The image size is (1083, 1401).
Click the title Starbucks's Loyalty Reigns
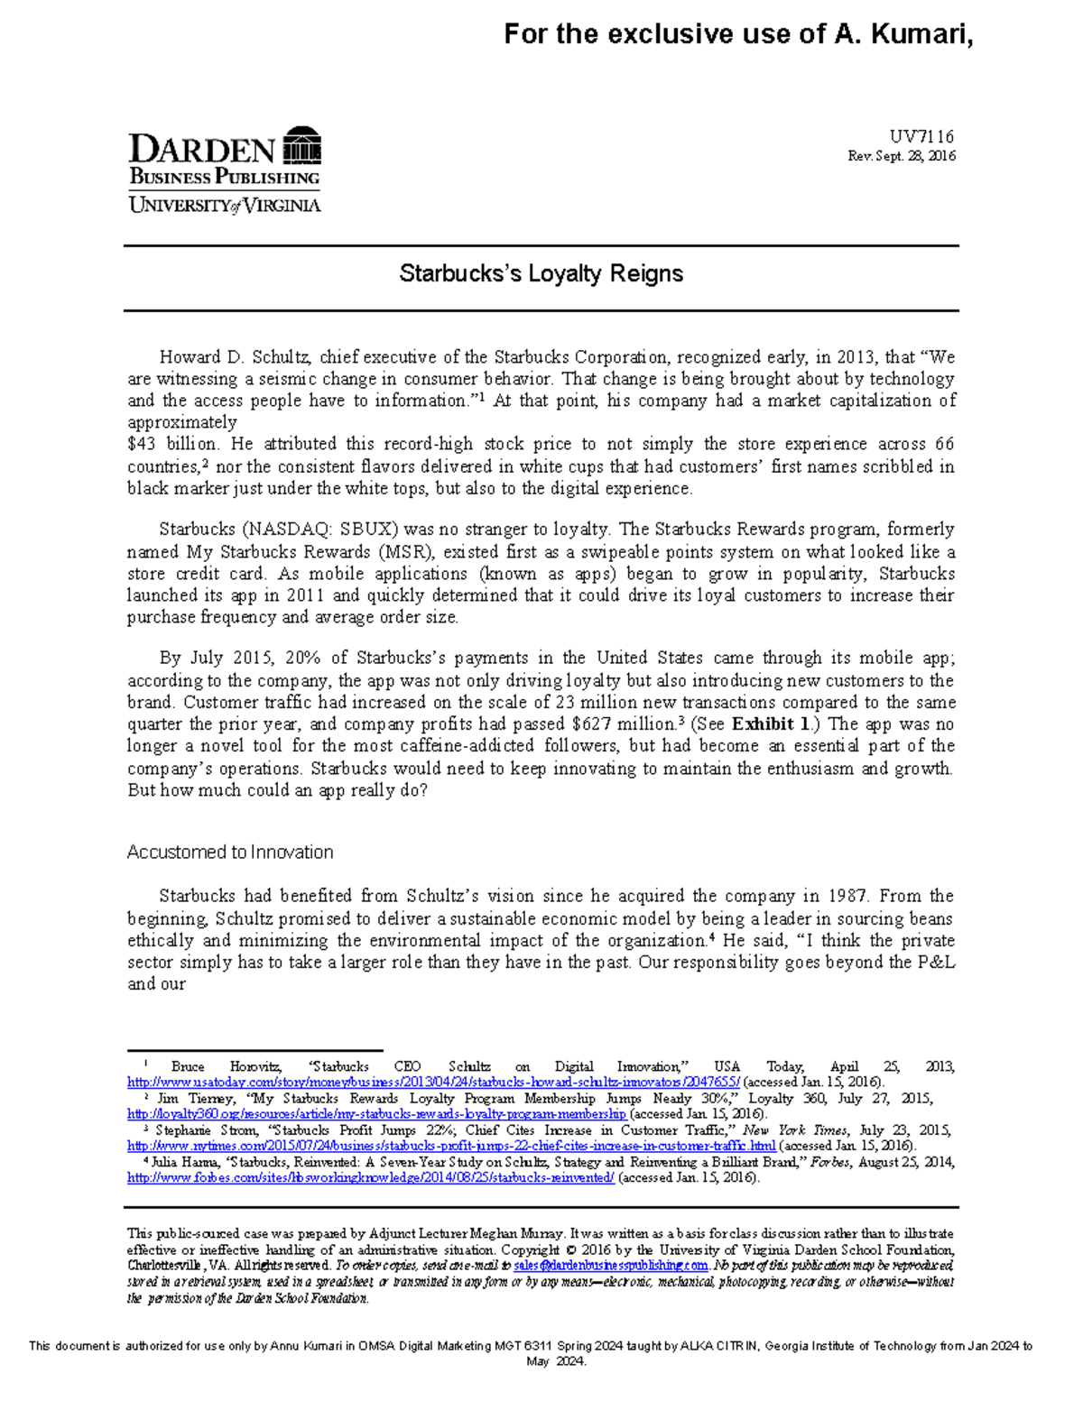pyautogui.click(x=541, y=273)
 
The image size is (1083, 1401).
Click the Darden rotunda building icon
pyautogui.click(x=301, y=146)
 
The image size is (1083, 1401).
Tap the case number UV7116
pyautogui.click(x=921, y=136)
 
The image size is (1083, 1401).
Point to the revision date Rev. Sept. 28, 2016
pyautogui.click(x=901, y=156)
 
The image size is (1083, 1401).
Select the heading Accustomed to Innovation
pyautogui.click(x=230, y=852)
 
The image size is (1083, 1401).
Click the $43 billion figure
pyautogui.click(x=171, y=444)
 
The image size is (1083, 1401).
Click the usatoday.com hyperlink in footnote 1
pyautogui.click(x=433, y=1082)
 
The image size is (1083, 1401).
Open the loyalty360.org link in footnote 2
pyautogui.click(x=376, y=1114)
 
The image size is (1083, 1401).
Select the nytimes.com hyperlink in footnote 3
pyautogui.click(x=451, y=1146)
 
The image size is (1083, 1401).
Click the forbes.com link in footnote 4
pyautogui.click(x=371, y=1178)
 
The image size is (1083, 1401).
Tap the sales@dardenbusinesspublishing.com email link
pyautogui.click(x=611, y=1266)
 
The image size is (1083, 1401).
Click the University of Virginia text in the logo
pyautogui.click(x=225, y=205)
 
